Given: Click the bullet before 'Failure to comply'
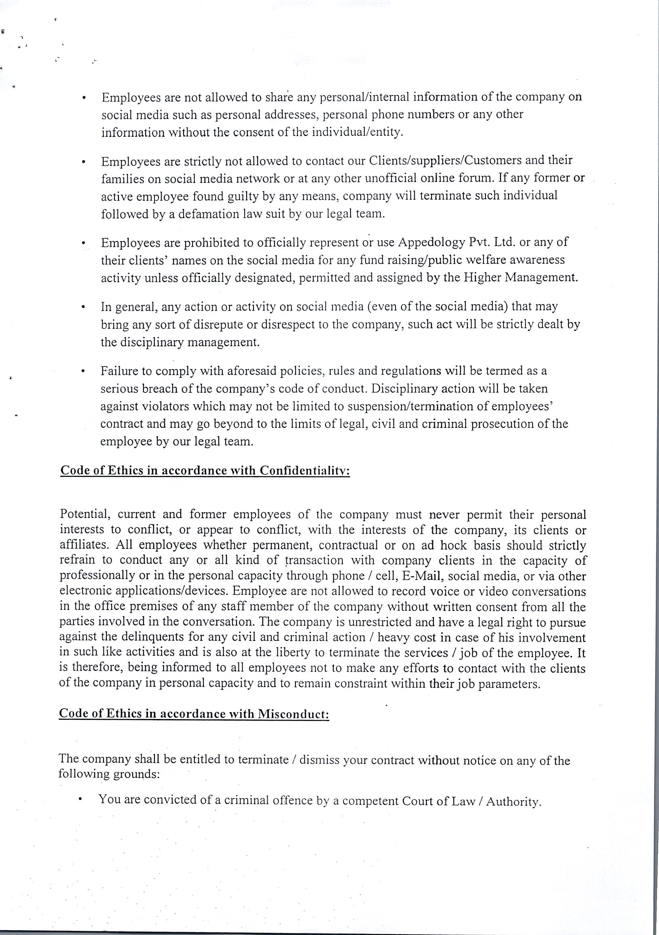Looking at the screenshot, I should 82,371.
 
